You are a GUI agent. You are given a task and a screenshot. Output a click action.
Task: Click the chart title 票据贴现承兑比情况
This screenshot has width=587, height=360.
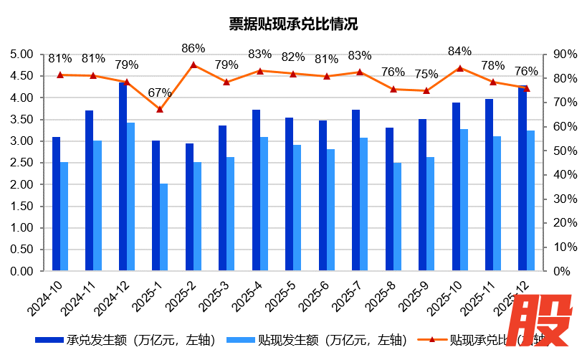click(292, 24)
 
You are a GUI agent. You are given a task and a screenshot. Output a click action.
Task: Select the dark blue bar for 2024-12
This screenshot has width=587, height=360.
click(123, 177)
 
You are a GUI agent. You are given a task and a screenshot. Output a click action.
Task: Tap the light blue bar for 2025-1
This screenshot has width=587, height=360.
click(164, 227)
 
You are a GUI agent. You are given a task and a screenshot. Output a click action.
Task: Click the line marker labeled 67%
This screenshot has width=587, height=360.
click(160, 109)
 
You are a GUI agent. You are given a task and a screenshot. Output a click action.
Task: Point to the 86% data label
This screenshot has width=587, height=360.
click(194, 49)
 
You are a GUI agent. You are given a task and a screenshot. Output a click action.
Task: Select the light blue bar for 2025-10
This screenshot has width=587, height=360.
click(464, 200)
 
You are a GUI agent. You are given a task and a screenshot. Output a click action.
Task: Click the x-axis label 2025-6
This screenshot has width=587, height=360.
click(315, 295)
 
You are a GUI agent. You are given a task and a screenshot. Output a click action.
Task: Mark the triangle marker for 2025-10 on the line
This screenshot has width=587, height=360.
click(459, 68)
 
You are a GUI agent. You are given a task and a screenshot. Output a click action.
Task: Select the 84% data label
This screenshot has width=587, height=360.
click(459, 51)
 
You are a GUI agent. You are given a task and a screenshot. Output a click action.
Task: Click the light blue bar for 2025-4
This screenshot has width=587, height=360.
click(264, 204)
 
